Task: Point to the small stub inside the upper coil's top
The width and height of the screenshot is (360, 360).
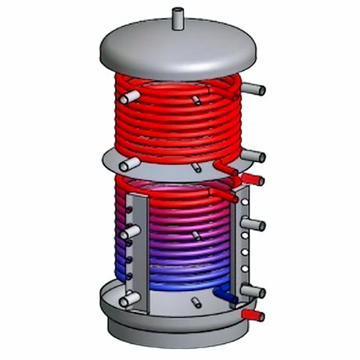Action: tap(196, 99)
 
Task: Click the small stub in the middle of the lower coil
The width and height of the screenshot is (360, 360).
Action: tap(196, 236)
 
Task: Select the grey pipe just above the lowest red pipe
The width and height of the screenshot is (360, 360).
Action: tap(252, 291)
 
